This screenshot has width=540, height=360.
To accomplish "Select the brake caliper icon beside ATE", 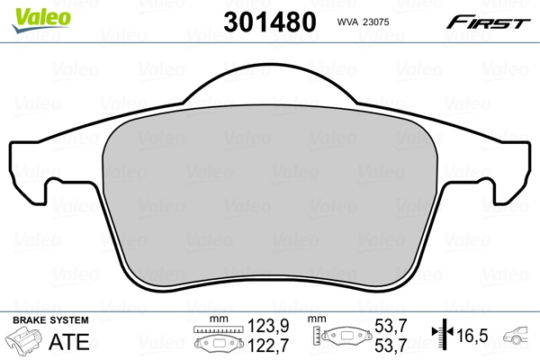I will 25,342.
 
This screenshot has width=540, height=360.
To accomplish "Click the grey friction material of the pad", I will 270,198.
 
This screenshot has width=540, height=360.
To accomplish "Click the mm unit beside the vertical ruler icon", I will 317,319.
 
